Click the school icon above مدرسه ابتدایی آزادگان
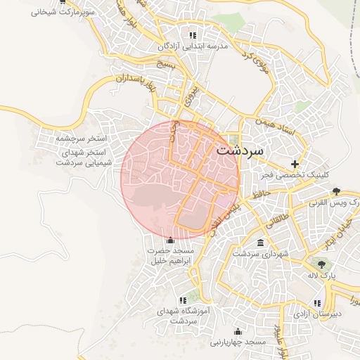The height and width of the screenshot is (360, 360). point(192,35)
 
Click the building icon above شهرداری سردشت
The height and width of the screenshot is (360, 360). point(261,243)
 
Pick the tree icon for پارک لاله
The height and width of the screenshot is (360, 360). point(321,265)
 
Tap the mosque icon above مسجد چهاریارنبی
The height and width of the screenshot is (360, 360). point(238,332)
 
